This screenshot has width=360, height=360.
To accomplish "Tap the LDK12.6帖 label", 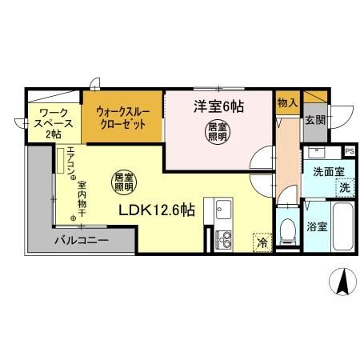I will [157, 210].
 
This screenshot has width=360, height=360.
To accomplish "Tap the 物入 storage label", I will [286, 102].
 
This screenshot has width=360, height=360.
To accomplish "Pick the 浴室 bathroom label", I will [317, 226].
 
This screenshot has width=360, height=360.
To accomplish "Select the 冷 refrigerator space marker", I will [262, 240].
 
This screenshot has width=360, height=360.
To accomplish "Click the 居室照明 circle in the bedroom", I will [218, 132].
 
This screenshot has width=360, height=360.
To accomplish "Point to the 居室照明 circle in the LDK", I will [122, 182].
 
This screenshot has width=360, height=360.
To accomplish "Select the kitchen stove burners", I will [221, 238].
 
